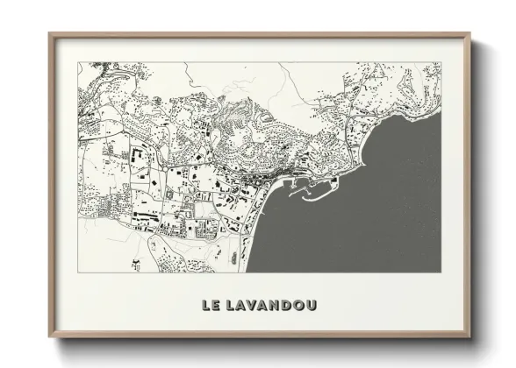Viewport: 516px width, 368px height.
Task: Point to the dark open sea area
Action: point(369,219)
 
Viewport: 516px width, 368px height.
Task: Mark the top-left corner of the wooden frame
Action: point(50,35)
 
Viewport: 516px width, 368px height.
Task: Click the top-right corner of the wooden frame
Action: point(469,35)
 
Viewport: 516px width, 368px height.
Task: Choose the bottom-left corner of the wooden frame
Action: point(50,336)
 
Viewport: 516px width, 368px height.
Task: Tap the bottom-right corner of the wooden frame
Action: point(469,336)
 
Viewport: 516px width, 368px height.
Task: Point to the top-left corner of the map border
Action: point(78,62)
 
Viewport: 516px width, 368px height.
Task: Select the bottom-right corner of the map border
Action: point(441,272)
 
